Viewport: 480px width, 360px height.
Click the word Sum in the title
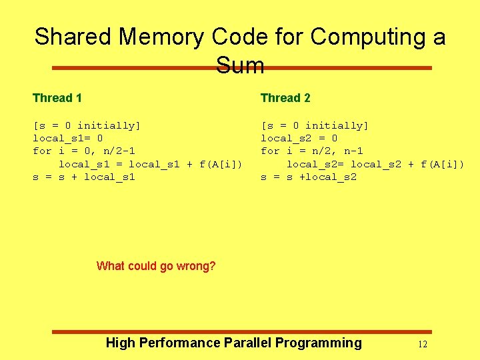pos(240,65)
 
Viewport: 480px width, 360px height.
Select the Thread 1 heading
pos(57,98)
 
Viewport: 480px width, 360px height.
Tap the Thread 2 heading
pos(285,98)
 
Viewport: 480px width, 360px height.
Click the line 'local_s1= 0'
pos(68,139)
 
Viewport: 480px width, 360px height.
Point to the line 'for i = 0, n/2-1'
pos(84,151)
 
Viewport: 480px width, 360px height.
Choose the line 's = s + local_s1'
pos(84,177)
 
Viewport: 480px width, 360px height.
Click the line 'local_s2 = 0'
pos(299,139)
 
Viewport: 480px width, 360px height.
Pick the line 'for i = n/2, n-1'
pos(312,151)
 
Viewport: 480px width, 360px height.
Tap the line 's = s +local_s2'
pos(309,177)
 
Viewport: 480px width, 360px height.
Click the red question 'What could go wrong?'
pos(156,267)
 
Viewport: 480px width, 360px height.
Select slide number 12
pos(422,345)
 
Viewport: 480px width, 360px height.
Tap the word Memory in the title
pos(165,37)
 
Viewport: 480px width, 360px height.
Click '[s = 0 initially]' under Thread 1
pos(87,126)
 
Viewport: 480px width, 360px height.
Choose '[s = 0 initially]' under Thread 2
pos(315,126)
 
